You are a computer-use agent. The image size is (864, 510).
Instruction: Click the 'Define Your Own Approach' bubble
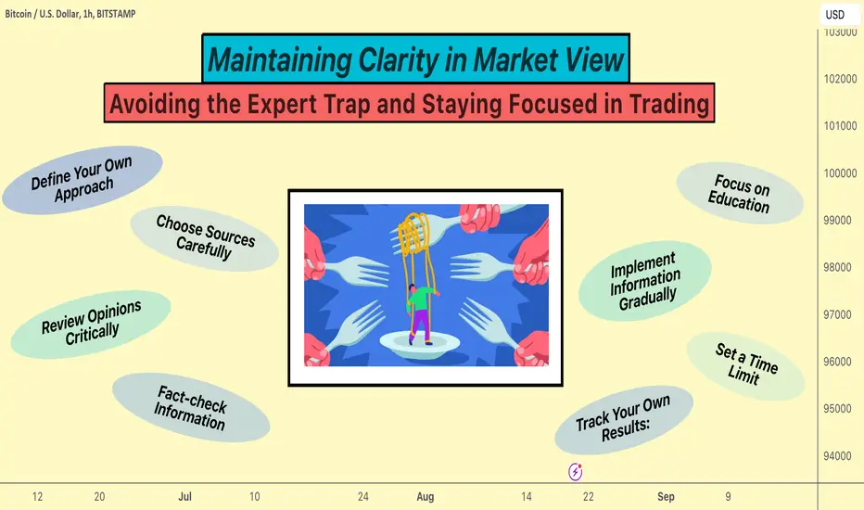click(83, 180)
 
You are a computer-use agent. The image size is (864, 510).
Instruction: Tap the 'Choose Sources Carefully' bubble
click(205, 238)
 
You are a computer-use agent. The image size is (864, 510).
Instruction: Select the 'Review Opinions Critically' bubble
click(91, 325)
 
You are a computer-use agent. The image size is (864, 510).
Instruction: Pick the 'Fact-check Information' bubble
click(191, 407)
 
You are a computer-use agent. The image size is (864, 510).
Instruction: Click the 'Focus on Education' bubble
click(740, 193)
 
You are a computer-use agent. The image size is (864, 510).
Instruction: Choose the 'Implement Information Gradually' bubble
click(644, 281)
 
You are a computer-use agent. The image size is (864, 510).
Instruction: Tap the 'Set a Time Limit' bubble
click(745, 365)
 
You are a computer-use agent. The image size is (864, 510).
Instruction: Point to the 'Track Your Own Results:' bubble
click(624, 419)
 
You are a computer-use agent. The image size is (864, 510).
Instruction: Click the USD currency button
click(835, 14)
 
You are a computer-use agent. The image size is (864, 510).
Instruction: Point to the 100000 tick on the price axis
click(840, 173)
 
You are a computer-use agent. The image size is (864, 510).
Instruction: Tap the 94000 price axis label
click(837, 456)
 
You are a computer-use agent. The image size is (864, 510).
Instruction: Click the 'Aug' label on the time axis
click(426, 496)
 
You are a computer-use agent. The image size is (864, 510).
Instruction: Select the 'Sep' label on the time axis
click(666, 496)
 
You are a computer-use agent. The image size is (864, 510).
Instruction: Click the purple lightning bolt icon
click(576, 472)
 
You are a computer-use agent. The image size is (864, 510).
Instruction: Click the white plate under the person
click(419, 345)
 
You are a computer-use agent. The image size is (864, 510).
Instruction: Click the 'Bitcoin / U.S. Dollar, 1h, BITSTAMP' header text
click(70, 14)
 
